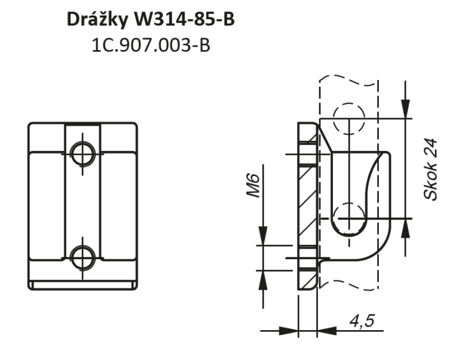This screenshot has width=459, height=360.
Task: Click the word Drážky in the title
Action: click(x=97, y=20)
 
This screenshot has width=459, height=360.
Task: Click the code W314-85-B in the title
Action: click(x=185, y=19)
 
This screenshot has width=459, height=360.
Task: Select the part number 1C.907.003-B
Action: click(x=151, y=45)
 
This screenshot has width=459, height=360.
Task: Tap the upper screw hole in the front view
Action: click(x=83, y=154)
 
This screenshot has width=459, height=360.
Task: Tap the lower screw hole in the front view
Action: click(x=83, y=258)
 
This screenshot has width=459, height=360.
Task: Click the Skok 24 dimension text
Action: click(x=430, y=170)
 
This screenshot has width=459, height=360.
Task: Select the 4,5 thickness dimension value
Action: click(x=362, y=321)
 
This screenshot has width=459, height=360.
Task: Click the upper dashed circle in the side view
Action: click(x=349, y=119)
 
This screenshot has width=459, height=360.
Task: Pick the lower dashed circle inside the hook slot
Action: click(x=349, y=218)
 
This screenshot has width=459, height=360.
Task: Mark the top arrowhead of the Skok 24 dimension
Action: click(x=405, y=109)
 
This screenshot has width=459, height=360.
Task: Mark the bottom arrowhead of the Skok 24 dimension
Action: click(x=405, y=229)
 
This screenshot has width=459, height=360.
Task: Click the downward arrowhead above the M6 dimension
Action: click(x=263, y=236)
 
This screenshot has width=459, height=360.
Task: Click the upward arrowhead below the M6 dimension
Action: click(x=263, y=280)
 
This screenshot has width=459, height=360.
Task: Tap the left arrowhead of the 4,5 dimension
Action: click(x=289, y=331)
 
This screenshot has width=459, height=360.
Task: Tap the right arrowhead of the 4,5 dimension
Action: click(x=327, y=331)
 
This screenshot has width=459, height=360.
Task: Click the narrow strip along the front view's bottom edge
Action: click(x=83, y=285)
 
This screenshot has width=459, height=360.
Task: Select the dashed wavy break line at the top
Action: click(x=348, y=80)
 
